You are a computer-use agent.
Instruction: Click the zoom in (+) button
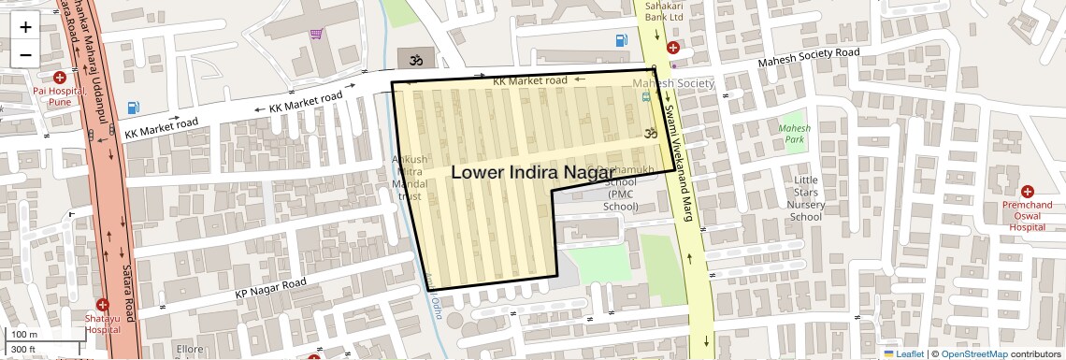point(25,26)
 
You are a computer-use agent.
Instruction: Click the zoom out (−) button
point(25,54)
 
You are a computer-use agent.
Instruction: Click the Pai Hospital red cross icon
point(60,78)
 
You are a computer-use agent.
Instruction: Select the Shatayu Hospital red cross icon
point(103,305)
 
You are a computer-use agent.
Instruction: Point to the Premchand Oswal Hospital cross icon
point(1028,191)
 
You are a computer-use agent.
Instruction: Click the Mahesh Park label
point(795,133)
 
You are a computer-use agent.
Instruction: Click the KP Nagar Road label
point(270,290)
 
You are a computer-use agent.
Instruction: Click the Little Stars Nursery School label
point(805,198)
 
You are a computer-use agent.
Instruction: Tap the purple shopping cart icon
point(317,34)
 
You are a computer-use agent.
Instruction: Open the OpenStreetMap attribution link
point(973,353)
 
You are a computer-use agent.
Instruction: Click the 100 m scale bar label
point(24,334)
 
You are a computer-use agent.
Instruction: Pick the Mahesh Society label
point(672,83)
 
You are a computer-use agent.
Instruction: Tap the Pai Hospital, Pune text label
point(60,95)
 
